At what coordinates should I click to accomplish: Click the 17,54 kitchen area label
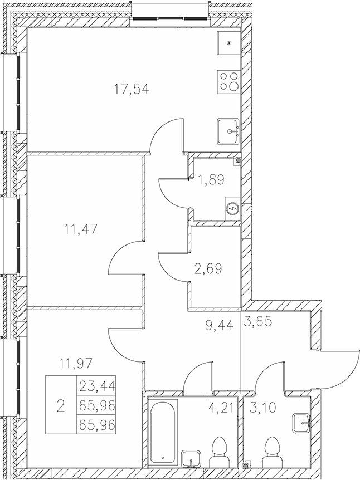(131, 89)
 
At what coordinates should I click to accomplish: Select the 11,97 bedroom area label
(75, 365)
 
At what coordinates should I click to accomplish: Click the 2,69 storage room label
(207, 270)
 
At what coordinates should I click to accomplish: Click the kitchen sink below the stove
(228, 131)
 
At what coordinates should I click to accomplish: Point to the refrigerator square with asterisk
(228, 42)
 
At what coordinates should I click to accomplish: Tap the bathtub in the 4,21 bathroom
(162, 433)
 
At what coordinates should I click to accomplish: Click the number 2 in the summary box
(60, 405)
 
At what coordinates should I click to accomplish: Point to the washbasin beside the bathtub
(192, 458)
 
